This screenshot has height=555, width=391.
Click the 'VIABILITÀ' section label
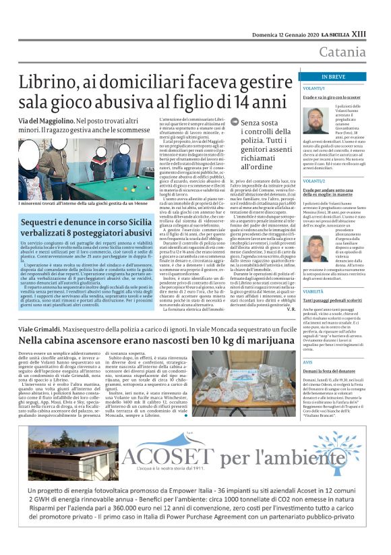pos(313,272)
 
